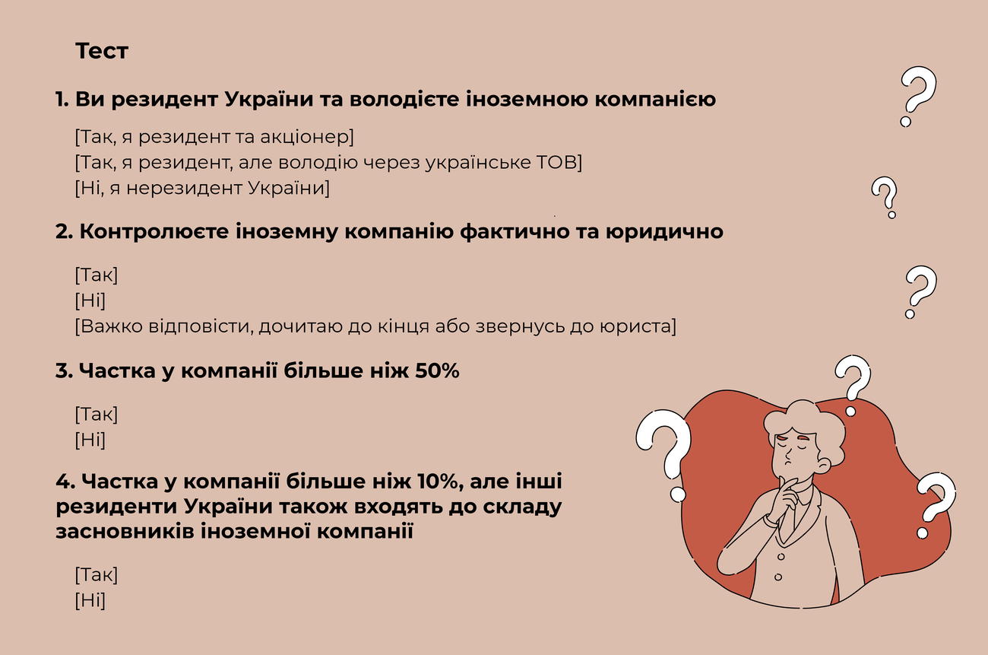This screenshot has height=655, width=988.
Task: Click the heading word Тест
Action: tap(102, 52)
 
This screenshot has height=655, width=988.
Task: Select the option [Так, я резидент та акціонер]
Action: tap(215, 138)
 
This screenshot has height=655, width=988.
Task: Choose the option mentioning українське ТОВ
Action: tap(328, 163)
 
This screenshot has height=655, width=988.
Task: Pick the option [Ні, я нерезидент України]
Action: tap(202, 188)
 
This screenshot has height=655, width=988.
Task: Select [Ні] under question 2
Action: tap(90, 300)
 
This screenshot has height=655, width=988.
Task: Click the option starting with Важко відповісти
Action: tap(375, 326)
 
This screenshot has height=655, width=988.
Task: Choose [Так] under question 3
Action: tap(97, 415)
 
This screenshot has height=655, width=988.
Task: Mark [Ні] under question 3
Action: tap(90, 440)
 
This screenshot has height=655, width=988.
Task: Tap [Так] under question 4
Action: tap(97, 575)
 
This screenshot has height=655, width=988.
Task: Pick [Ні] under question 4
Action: tap(90, 600)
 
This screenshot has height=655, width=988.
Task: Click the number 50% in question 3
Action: tap(437, 372)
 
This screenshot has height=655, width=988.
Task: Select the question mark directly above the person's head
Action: tap(852, 385)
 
